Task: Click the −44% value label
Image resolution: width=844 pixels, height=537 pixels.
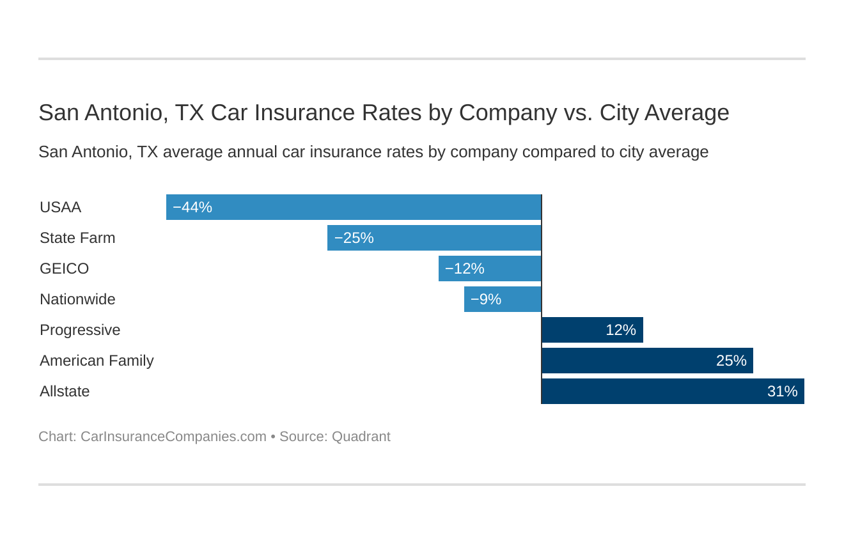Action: pos(192,207)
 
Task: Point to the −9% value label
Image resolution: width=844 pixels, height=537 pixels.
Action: pos(486,299)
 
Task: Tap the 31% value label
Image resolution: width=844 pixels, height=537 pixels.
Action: pos(782,391)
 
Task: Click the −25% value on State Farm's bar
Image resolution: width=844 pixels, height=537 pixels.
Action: pos(354,238)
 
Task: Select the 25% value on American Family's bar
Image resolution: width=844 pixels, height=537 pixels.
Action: pos(731,361)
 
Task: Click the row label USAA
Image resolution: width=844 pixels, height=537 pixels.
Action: pos(60,207)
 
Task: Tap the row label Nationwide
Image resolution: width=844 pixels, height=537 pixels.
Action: pos(77,299)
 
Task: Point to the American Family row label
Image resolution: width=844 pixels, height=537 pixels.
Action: pos(97,361)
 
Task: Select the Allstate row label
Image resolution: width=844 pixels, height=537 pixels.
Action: pos(65,391)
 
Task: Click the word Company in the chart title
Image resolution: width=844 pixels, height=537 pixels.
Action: pos(508,113)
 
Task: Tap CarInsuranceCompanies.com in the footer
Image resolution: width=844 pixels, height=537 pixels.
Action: pos(173,437)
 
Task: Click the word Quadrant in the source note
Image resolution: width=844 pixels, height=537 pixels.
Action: pos(361,437)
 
